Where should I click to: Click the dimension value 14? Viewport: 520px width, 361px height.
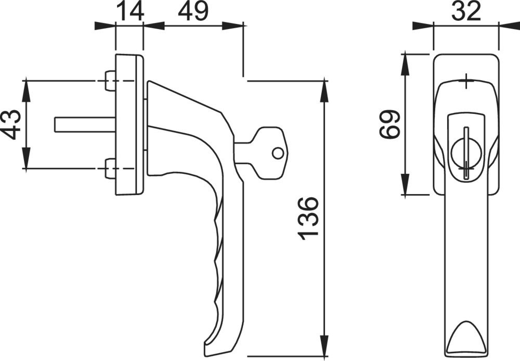(x=129, y=11)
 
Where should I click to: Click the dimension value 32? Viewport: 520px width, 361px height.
(x=466, y=11)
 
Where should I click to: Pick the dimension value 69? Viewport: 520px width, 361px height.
(x=390, y=124)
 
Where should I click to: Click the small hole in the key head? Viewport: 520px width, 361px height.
(x=278, y=153)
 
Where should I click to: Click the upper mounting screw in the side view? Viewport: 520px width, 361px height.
(x=110, y=81)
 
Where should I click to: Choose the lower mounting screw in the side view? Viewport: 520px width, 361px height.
(x=110, y=169)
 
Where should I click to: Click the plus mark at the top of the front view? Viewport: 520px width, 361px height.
(x=466, y=82)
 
